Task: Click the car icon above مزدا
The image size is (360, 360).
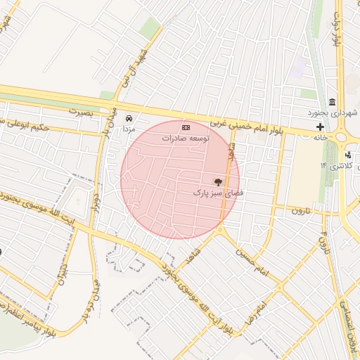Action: [129, 118]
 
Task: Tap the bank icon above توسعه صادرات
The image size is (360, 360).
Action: [186, 127]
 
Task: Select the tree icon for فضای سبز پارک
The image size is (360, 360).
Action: [217, 181]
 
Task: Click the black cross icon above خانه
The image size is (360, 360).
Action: [321, 127]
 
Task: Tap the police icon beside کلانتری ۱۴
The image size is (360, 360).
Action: [348, 155]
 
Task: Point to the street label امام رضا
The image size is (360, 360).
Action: [259, 309]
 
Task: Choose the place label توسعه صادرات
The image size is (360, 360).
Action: [186, 139]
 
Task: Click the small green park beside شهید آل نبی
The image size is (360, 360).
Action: [149, 28]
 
